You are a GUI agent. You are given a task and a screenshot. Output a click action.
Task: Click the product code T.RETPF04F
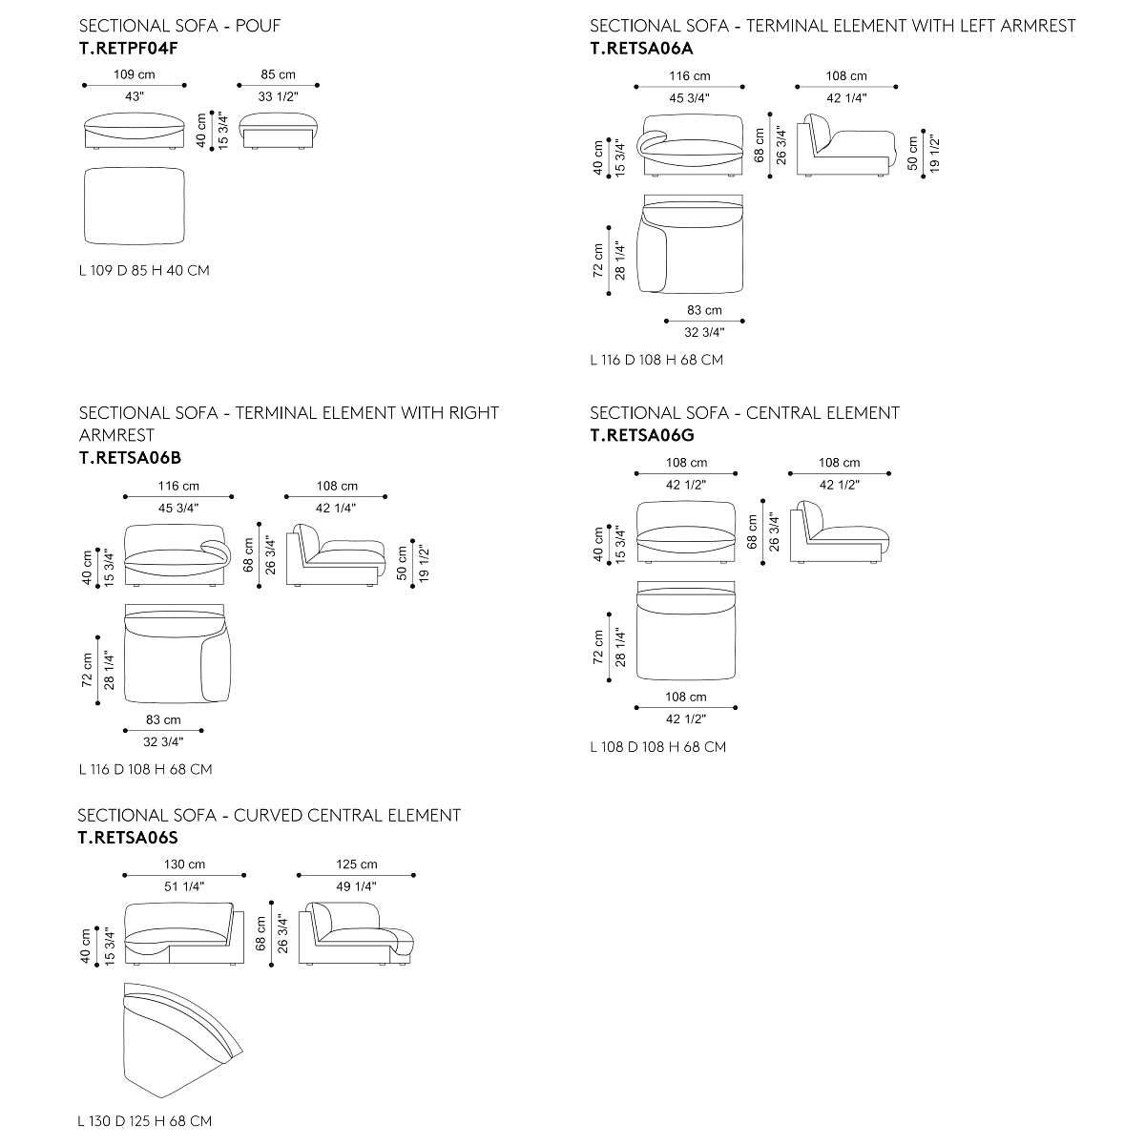tap(129, 46)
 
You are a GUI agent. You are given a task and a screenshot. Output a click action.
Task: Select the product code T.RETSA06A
tap(641, 46)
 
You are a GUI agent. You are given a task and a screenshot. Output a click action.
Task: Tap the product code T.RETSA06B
tap(130, 457)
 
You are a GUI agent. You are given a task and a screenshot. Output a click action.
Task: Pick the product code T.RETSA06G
tap(642, 435)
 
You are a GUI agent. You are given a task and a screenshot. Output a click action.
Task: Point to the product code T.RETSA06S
tap(128, 838)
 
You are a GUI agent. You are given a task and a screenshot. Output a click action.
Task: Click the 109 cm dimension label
tap(135, 74)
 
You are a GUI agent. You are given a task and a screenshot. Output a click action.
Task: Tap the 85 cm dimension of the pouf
tap(279, 74)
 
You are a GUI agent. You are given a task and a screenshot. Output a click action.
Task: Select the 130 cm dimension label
tap(184, 864)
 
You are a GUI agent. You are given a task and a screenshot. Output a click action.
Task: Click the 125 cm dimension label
tap(356, 864)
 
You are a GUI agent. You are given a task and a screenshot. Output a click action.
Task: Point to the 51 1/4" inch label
tap(184, 885)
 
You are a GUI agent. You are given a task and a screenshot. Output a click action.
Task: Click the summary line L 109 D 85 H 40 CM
tap(144, 270)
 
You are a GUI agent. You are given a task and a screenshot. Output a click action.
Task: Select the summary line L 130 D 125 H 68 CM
tap(145, 1121)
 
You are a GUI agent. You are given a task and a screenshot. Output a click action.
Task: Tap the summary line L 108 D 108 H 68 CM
tap(657, 746)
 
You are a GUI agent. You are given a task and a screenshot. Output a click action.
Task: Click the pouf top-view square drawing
tap(135, 207)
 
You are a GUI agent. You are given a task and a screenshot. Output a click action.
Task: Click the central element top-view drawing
tap(686, 630)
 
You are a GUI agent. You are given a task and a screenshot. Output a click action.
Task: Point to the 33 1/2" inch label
tap(279, 96)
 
